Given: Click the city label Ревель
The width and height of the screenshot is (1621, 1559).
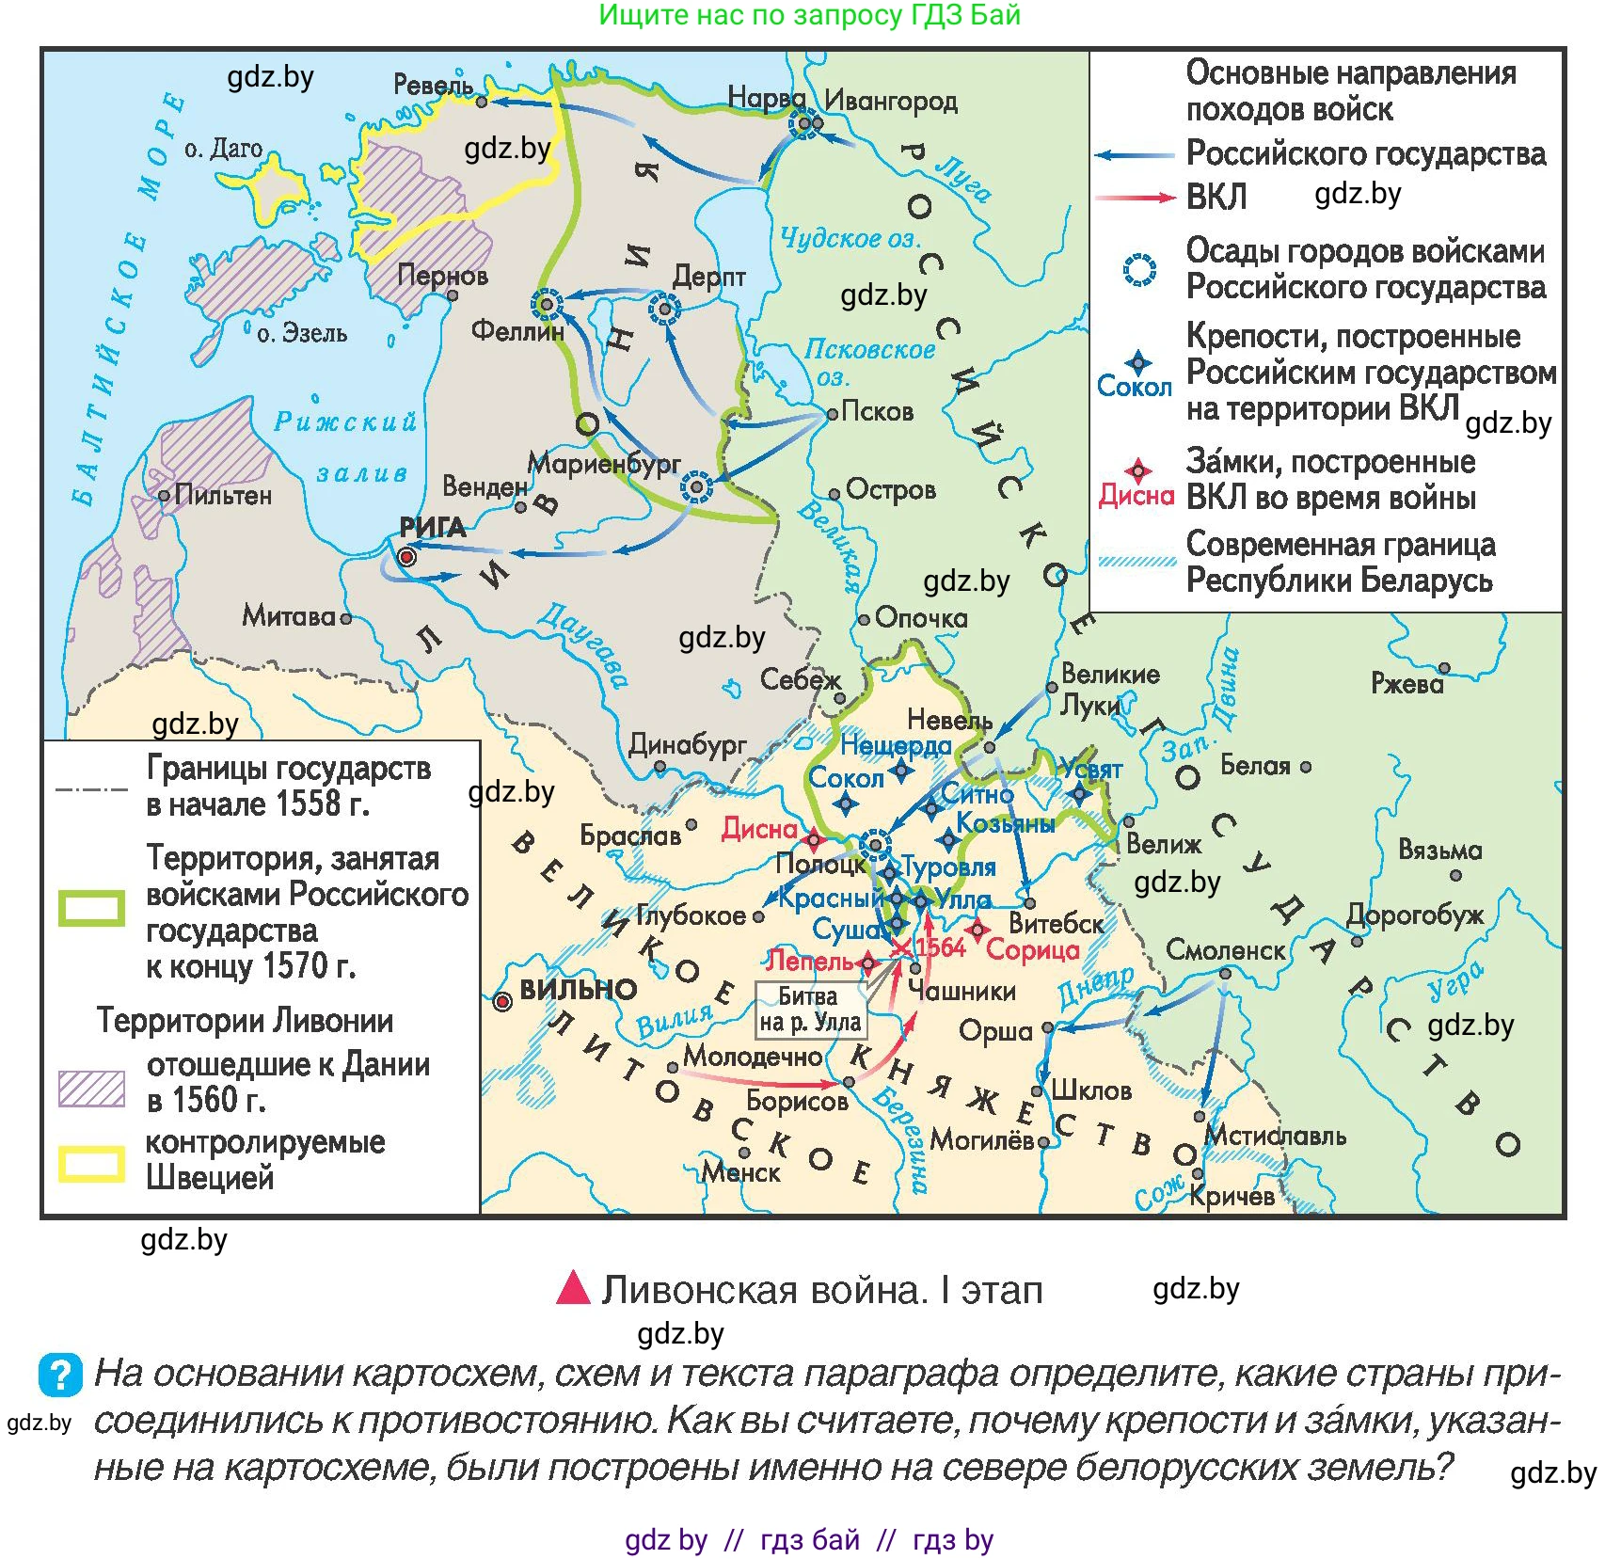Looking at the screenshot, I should [x=433, y=85].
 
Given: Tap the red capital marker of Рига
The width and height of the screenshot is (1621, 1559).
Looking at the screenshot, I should [x=407, y=557].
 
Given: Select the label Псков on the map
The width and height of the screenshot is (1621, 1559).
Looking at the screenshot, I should [x=876, y=411].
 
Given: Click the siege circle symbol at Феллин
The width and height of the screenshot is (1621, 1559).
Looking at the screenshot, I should [x=547, y=305].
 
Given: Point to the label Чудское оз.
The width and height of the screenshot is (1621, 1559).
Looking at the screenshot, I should [x=850, y=238].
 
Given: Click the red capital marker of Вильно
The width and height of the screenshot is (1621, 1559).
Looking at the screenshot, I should [x=503, y=1002].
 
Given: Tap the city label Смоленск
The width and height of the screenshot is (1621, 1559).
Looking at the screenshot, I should [x=1225, y=950].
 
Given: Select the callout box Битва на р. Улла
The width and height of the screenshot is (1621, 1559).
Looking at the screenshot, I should [x=809, y=1010].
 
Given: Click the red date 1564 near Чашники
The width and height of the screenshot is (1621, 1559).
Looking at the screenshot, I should [x=941, y=947].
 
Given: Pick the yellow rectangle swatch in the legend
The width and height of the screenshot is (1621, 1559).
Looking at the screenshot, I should [x=91, y=1164].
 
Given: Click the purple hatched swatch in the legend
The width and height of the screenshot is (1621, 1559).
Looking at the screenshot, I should [x=91, y=1088].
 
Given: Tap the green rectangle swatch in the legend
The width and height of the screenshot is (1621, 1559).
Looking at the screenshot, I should [x=91, y=908].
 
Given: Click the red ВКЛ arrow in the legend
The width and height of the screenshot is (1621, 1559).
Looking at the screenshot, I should [x=1136, y=198].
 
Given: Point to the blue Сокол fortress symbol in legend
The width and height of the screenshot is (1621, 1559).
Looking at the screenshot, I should [x=1138, y=362].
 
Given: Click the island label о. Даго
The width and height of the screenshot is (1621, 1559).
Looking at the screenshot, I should [x=223, y=149].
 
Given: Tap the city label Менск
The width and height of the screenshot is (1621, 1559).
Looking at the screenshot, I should [x=741, y=1172].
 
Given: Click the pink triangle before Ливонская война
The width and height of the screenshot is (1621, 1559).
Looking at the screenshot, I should [x=572, y=1288].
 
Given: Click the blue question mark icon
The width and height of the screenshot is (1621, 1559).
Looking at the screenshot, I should [x=60, y=1375].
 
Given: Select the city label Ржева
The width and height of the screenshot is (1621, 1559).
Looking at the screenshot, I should [x=1406, y=683].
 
